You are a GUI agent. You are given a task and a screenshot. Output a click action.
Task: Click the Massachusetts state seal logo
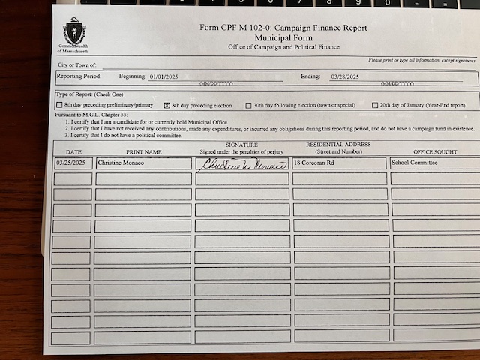coord(74,31)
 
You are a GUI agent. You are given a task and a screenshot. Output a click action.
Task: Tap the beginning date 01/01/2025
coord(166,76)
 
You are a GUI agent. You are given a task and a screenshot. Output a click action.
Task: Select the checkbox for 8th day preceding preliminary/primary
coord(60,106)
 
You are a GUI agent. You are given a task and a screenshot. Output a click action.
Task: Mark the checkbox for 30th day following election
coord(249,106)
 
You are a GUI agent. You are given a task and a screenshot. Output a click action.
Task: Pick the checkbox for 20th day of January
coord(376,106)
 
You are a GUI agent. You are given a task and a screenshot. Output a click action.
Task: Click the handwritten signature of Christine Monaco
coord(242,163)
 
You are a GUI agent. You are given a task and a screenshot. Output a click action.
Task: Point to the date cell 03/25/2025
coord(73,163)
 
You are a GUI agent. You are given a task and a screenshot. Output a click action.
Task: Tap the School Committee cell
coord(415,162)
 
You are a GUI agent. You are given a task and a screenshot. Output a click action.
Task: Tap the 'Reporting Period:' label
coord(73,76)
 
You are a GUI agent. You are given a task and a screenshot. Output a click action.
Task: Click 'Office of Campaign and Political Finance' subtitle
coord(283,46)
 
